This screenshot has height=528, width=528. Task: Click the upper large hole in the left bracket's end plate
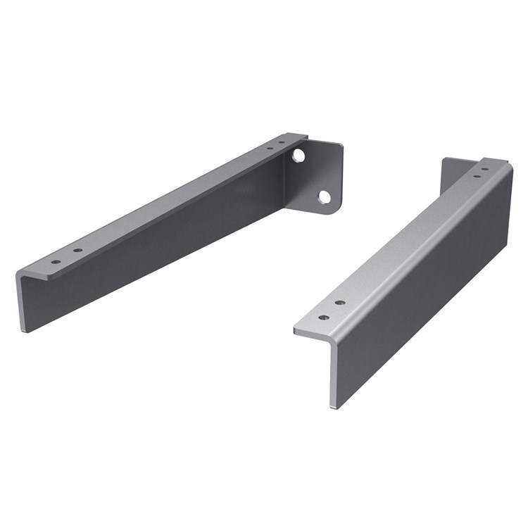pos(299,154)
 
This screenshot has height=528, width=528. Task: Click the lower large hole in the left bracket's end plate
pos(324,196)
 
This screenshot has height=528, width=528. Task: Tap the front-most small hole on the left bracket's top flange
pos(55,262)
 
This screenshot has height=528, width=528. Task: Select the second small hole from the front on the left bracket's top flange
pos(77,250)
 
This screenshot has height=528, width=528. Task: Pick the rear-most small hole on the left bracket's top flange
pos(282,143)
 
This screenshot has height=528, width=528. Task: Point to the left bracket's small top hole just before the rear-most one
pos(270,149)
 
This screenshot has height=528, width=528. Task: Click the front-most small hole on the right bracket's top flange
pos(323,318)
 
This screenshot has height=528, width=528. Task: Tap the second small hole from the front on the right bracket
pos(340,303)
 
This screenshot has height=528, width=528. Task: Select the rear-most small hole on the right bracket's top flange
pos(485,169)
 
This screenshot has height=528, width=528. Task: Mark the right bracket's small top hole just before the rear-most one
pos(477,175)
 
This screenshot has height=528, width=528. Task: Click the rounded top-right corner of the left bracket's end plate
pos(339,146)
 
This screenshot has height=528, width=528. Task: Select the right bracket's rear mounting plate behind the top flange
pos(451,172)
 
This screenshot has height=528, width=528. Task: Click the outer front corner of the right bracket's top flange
pos(296,329)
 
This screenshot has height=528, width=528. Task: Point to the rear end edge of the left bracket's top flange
pos(296,137)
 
